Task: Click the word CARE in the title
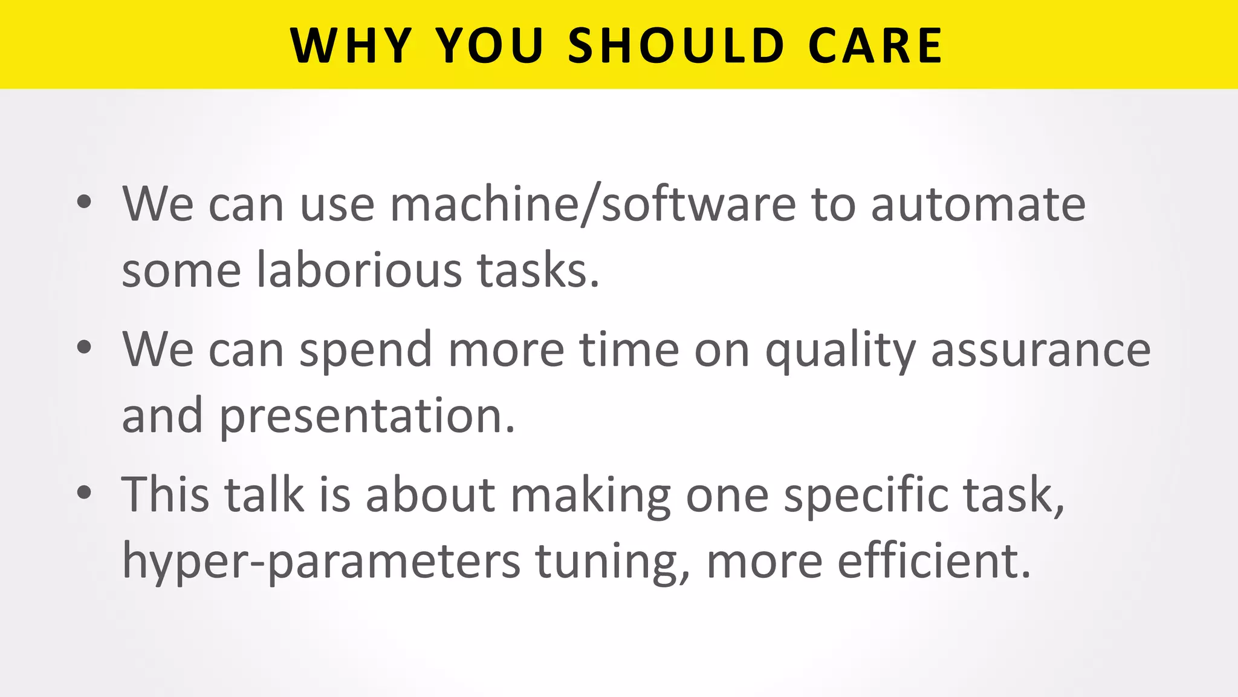pyautogui.click(x=874, y=46)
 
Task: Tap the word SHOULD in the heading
pyautogui.click(x=676, y=46)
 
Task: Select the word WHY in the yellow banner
pyautogui.click(x=351, y=46)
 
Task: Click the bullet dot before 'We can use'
pyautogui.click(x=85, y=202)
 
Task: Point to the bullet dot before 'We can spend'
pyautogui.click(x=85, y=347)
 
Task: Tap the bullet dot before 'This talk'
pyautogui.click(x=85, y=492)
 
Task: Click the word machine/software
pyautogui.click(x=593, y=205)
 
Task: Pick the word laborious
pyautogui.click(x=359, y=269)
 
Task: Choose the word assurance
pyautogui.click(x=1040, y=350)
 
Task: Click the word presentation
pyautogui.click(x=367, y=416)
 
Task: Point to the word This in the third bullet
pyautogui.click(x=165, y=494)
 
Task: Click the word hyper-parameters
pyautogui.click(x=321, y=561)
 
